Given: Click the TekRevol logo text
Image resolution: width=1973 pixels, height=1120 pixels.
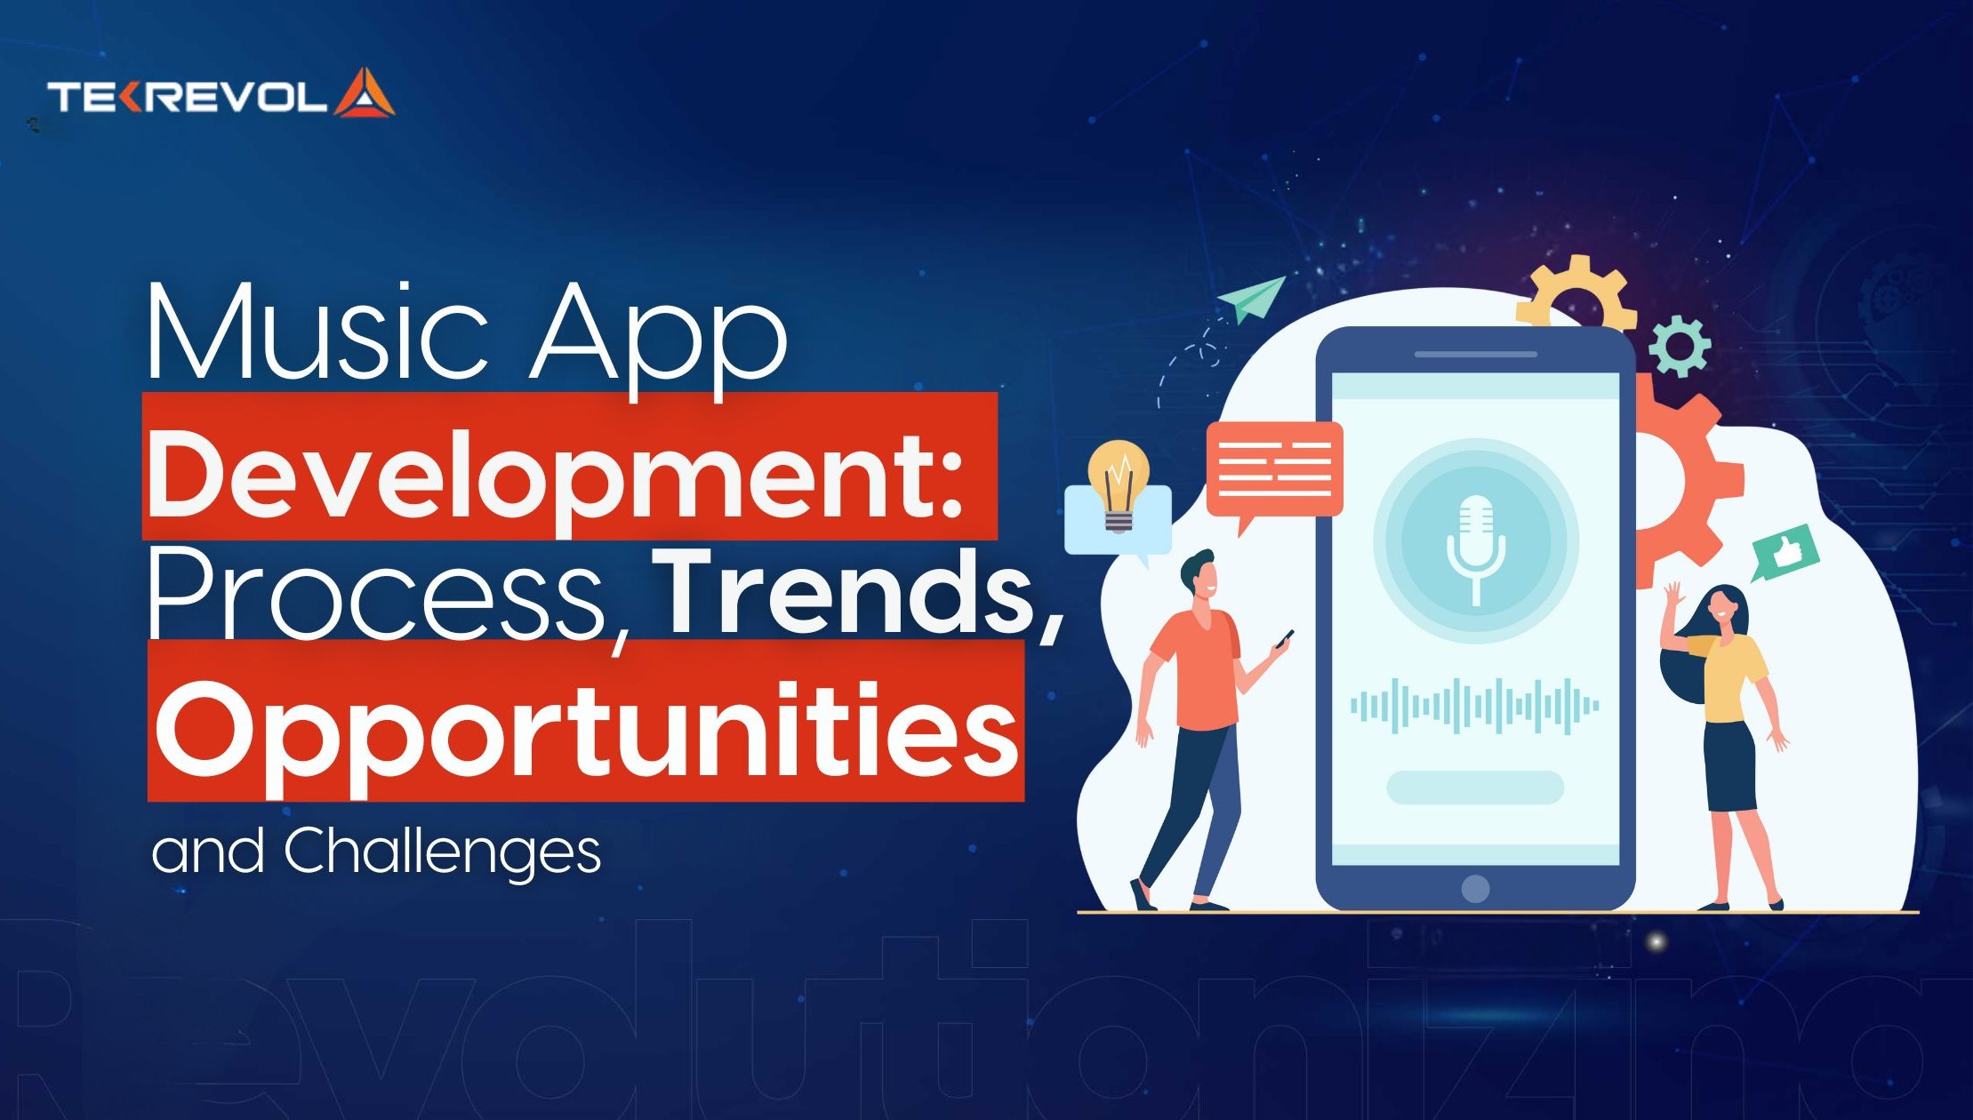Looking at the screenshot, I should pos(188,96).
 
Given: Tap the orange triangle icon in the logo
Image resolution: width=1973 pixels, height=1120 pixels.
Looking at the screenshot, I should pos(364,94).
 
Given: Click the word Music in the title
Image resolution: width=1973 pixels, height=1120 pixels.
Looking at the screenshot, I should pos(316,333).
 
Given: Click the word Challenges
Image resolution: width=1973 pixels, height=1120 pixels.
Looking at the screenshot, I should pos(442,851).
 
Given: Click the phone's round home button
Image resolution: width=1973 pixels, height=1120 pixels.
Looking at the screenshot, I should pos(1475,888).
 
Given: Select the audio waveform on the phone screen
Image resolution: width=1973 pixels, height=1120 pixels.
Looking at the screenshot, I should pos(1475,706).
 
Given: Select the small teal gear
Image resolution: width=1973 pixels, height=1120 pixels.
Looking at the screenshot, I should pos(1679,346).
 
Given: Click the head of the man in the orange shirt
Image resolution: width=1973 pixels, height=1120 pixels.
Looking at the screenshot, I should pos(1200,577).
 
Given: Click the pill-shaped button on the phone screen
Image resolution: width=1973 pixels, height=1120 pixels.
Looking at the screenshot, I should pos(1475,788).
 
